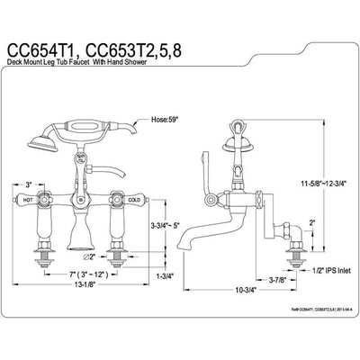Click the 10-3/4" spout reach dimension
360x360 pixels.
(x=241, y=290)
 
